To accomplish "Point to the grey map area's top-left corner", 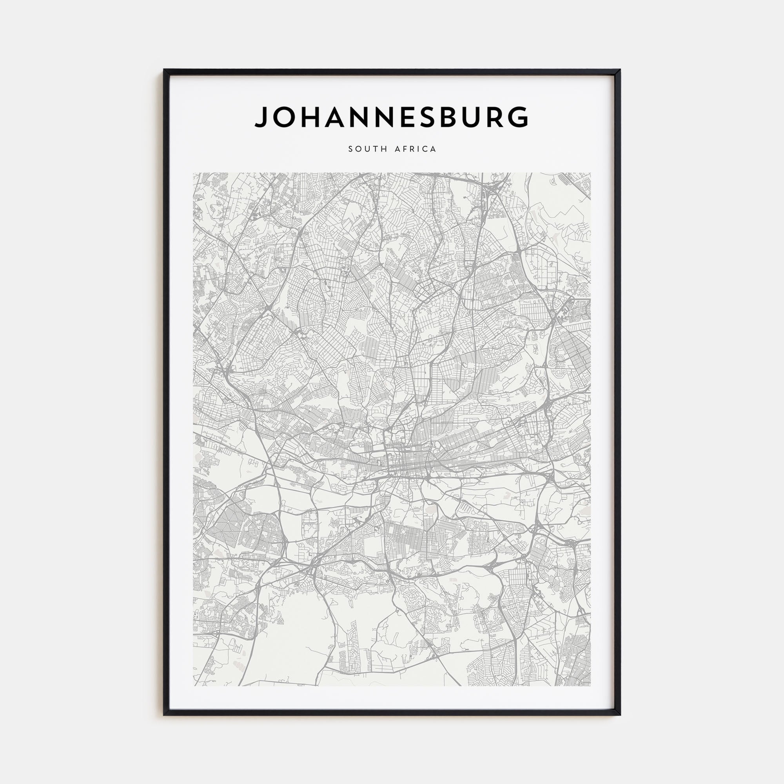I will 194,173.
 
